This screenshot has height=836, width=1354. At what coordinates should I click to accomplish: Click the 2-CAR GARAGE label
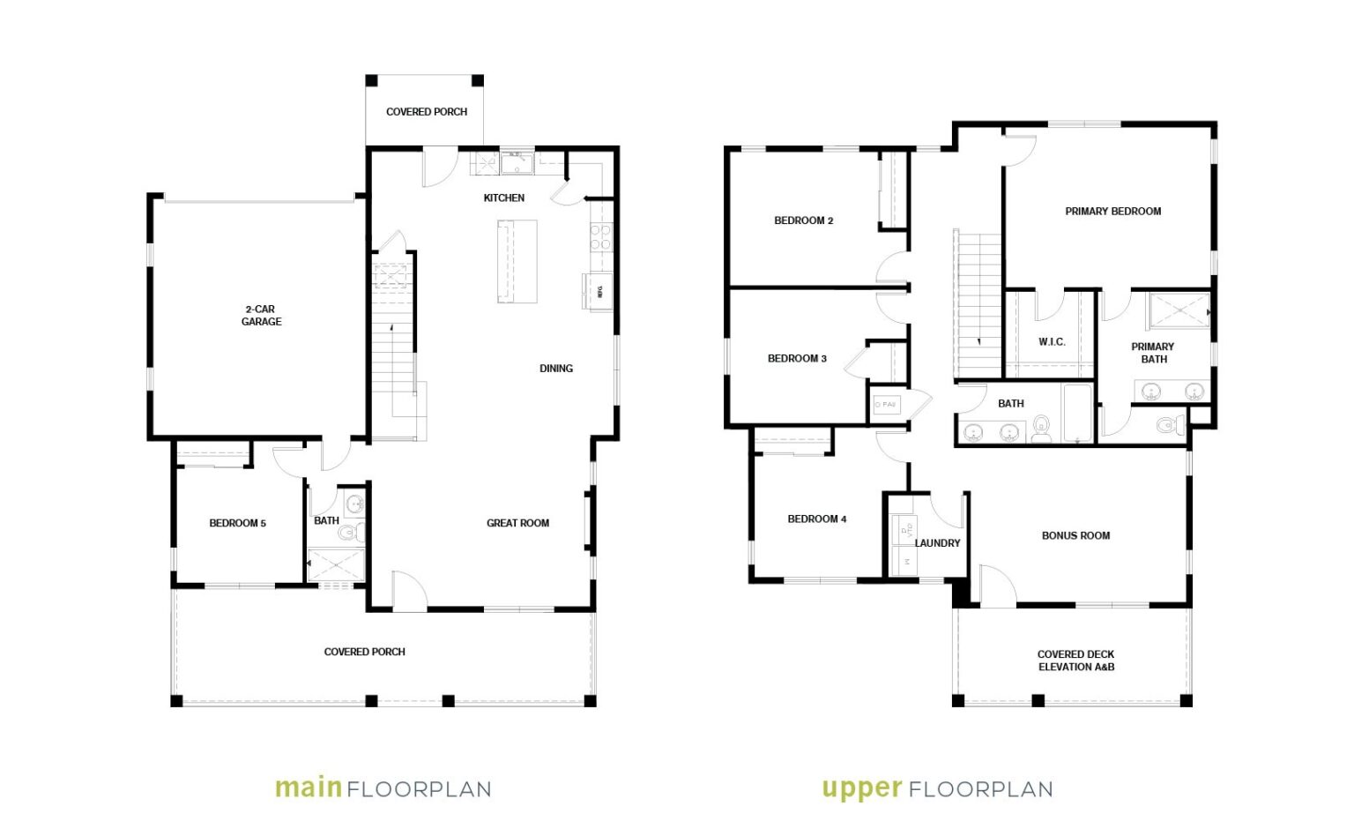(x=261, y=316)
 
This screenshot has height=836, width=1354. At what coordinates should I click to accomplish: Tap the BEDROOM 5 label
(x=237, y=523)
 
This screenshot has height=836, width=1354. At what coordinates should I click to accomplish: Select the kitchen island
(x=517, y=262)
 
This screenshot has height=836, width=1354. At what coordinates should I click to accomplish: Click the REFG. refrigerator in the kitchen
(x=598, y=289)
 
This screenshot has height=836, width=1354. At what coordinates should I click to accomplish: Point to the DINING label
(x=556, y=369)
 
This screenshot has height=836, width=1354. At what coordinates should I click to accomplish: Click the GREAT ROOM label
(x=517, y=523)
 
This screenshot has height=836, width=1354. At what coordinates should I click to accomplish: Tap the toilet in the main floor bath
(x=350, y=532)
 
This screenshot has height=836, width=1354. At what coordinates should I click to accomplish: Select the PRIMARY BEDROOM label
(x=1112, y=212)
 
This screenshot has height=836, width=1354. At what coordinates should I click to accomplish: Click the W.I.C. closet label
(x=1052, y=342)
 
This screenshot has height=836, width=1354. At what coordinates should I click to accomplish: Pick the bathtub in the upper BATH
(x=1077, y=414)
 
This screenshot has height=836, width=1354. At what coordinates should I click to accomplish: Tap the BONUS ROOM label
(x=1075, y=535)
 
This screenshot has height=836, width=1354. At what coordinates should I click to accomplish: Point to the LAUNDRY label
(x=937, y=543)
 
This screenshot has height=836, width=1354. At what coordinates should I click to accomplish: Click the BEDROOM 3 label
(x=797, y=359)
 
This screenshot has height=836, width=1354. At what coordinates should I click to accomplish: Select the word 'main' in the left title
(x=308, y=787)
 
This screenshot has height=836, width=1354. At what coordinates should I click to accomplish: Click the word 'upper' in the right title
(x=861, y=788)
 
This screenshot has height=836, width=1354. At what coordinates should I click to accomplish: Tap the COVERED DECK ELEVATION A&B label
(x=1075, y=661)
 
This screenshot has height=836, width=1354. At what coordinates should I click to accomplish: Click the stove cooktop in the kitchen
(x=600, y=237)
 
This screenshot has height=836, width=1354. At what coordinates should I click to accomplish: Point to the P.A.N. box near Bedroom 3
(x=885, y=405)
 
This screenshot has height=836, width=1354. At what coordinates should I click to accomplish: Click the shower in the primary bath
(x=1178, y=311)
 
